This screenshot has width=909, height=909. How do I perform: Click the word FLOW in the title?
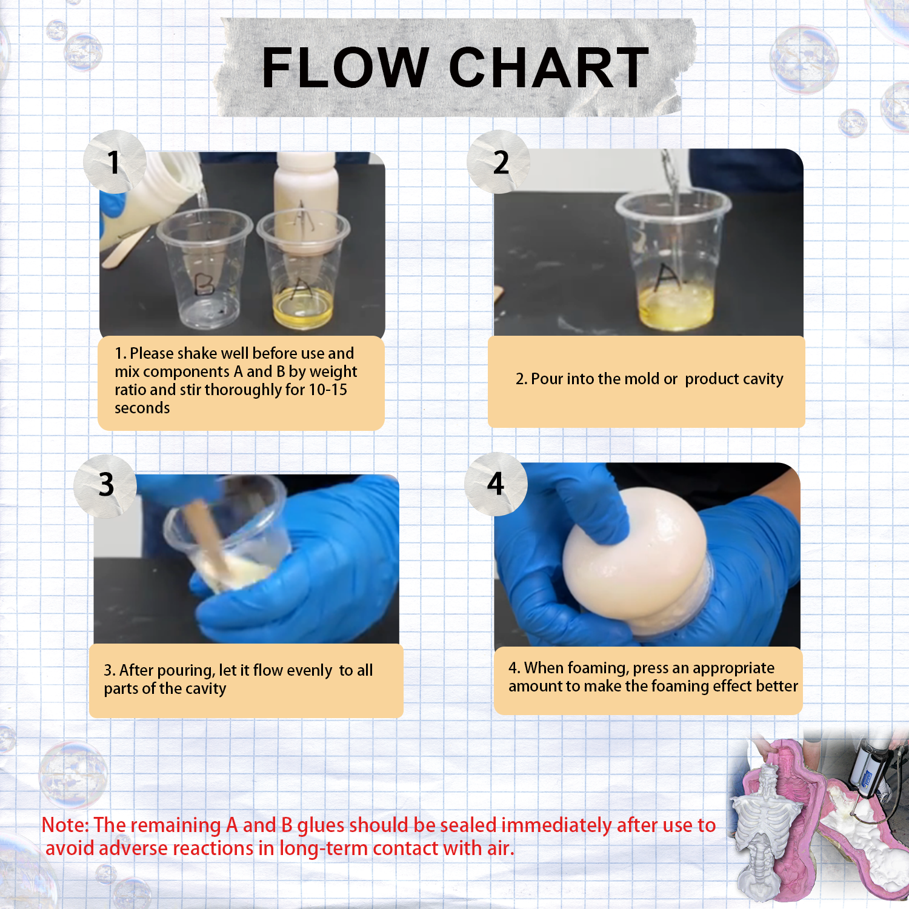pos(345,68)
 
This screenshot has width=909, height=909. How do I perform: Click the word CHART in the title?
pos(549,68)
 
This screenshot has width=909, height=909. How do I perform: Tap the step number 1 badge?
pos(115,162)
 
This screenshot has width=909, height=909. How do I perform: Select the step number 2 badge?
pos(499,162)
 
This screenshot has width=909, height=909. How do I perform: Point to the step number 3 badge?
pos(105,485)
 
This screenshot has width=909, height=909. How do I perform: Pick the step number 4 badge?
pos(496,484)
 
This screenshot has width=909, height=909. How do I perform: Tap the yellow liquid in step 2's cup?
pos(675,306)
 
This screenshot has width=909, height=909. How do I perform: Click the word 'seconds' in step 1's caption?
pos(142,408)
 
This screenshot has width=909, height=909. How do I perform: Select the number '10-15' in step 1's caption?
pos(328,390)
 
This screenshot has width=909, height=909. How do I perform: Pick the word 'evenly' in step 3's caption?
pos(310,671)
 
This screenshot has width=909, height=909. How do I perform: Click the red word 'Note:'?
pos(65,825)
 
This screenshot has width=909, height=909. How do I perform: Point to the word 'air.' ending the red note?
pos(501,848)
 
